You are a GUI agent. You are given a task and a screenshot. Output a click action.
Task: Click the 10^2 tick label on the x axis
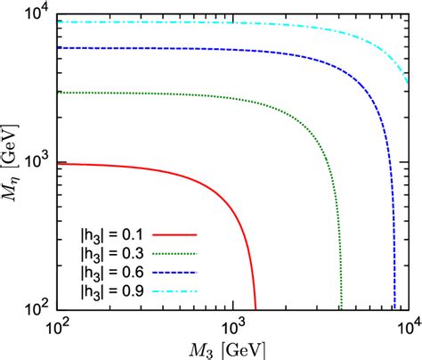coord(58,325)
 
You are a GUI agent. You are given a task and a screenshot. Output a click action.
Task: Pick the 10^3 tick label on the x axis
coord(232,325)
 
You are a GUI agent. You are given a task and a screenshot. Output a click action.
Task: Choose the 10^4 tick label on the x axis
coord(406,325)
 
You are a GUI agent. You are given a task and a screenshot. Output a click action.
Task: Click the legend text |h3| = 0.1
coord(109,233)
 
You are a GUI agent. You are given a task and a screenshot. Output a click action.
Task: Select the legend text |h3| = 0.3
coord(109,252)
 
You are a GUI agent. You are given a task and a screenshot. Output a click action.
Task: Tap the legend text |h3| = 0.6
coord(109,271)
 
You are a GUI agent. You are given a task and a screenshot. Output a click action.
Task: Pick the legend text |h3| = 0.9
coord(109,290)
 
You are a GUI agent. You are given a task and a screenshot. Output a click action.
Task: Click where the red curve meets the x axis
coord(256,308)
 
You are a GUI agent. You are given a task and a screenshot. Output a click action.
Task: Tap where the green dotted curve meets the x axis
coord(340,308)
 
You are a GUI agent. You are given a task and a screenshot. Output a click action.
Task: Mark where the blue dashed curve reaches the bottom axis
coord(394,308)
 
